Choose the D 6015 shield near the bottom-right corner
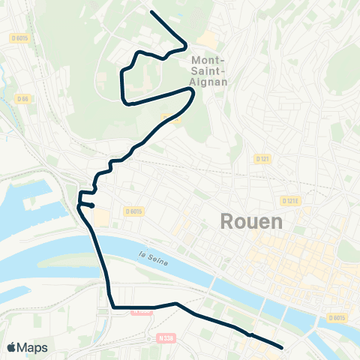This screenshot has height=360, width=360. pyautogui.click(x=337, y=318)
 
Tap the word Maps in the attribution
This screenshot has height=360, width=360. pyautogui.click(x=32, y=347)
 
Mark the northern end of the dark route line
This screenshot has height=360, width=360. pyautogui.click(x=152, y=13)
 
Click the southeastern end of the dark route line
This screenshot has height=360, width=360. pyautogui.click(x=281, y=347)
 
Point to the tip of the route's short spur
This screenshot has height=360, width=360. pyautogui.click(x=92, y=205)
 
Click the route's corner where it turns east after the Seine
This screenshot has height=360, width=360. pyautogui.click(x=112, y=306)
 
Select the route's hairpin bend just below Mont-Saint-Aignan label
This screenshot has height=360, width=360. pyautogui.click(x=193, y=93)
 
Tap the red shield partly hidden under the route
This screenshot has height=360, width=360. pyautogui.click(x=140, y=310)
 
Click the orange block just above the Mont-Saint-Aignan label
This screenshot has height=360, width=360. pyautogui.click(x=207, y=40)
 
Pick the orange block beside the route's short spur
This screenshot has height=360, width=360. pyautogui.click(x=100, y=217)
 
